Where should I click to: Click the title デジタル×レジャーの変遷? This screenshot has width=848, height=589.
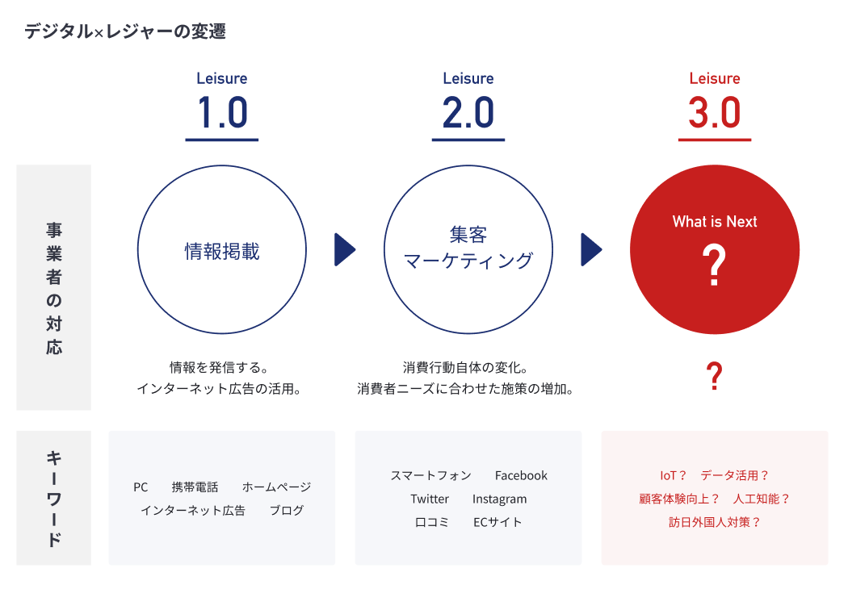(125, 31)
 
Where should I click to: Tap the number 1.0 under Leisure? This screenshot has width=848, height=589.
(222, 112)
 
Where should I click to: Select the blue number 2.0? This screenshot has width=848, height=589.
(468, 112)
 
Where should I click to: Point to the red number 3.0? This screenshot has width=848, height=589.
(715, 112)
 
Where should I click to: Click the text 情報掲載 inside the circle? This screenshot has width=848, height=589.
(222, 251)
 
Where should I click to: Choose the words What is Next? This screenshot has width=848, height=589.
(715, 222)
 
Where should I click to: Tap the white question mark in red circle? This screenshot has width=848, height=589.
(714, 265)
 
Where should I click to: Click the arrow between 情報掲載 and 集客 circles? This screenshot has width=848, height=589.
(345, 249)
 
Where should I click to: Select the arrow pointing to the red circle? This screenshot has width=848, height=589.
(592, 249)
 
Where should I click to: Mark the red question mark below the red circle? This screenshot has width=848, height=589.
(715, 376)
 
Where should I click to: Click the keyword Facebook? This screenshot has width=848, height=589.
(521, 475)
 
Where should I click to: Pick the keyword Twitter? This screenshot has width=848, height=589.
(430, 499)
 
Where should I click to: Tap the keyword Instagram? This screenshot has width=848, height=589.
(499, 499)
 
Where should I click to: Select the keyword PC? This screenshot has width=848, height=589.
(141, 487)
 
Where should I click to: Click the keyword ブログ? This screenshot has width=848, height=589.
(287, 511)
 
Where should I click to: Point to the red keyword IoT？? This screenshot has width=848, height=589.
(673, 475)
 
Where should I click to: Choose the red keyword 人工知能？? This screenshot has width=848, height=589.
(762, 499)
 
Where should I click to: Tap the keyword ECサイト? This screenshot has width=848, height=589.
(497, 522)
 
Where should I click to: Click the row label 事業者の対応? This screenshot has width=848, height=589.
(54, 288)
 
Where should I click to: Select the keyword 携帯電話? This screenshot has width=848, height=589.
(195, 487)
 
